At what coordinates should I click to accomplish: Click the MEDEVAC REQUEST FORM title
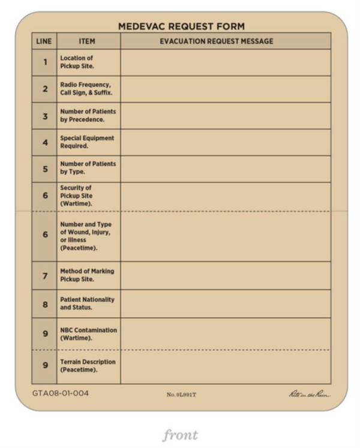click(181, 26)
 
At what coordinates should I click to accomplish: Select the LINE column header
click(44, 41)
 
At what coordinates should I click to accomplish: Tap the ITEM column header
click(87, 41)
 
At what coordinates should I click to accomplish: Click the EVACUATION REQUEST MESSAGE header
click(216, 41)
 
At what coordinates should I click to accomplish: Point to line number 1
click(44, 62)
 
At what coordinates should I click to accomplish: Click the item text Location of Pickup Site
click(77, 62)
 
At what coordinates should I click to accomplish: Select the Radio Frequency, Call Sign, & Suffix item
click(86, 89)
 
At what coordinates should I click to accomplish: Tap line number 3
click(44, 116)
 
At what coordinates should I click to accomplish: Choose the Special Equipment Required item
click(86, 142)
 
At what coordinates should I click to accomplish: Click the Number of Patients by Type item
click(88, 168)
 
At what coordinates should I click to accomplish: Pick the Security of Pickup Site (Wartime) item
click(76, 196)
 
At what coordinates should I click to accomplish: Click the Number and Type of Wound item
click(86, 236)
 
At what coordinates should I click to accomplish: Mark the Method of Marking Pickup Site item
click(86, 275)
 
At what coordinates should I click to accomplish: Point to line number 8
click(44, 304)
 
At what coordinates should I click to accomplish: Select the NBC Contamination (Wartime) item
click(88, 334)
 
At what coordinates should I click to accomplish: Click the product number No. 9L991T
click(181, 394)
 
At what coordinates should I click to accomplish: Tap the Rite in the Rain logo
click(310, 394)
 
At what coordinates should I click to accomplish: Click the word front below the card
click(180, 435)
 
